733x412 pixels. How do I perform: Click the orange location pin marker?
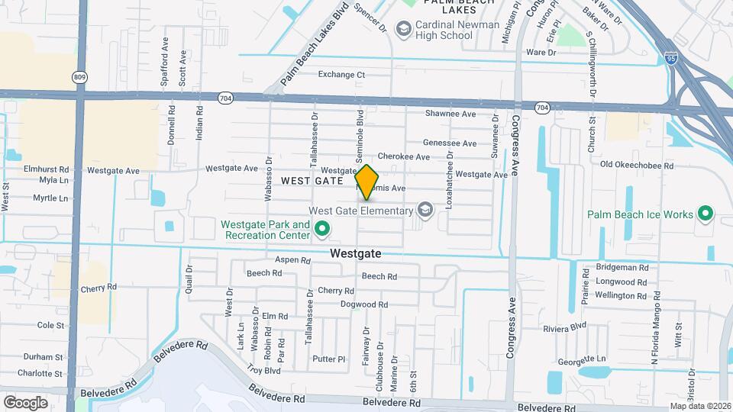pyautogui.click(x=366, y=182)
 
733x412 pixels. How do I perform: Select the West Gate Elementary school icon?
pyautogui.click(x=425, y=210)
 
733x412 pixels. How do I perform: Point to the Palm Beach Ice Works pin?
pyautogui.click(x=706, y=214)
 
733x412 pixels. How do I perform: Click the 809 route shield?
pyautogui.click(x=79, y=77)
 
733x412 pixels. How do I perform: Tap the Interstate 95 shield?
pyautogui.click(x=670, y=58)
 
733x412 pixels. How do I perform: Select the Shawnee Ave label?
pyautogui.click(x=450, y=114)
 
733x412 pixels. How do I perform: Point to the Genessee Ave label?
pyautogui.click(x=450, y=143)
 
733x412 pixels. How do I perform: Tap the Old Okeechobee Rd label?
pyautogui.click(x=638, y=164)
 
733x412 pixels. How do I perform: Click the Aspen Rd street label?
pyautogui.click(x=292, y=260)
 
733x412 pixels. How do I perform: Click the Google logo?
pyautogui.click(x=25, y=402)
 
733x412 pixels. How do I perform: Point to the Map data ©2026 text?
pyautogui.click(x=699, y=406)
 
